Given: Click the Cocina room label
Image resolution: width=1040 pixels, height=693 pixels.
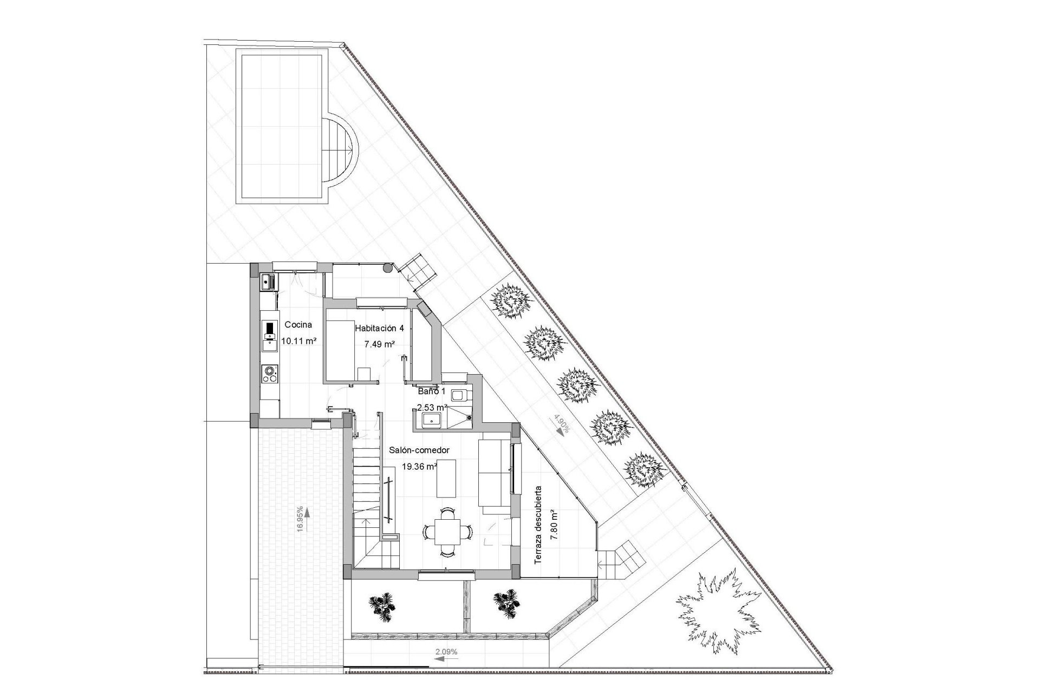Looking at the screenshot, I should [x=298, y=325].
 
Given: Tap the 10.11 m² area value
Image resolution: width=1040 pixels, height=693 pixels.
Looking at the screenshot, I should [x=298, y=341].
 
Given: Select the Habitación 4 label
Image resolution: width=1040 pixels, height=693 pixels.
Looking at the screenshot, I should [x=379, y=328].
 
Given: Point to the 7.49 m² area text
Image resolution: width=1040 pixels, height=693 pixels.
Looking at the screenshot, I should [x=379, y=344].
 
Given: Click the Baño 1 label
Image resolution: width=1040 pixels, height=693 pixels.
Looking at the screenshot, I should [x=432, y=390].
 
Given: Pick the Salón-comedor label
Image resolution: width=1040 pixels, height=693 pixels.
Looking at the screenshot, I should [x=419, y=450].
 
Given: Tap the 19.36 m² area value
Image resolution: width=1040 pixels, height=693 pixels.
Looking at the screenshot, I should [x=419, y=466].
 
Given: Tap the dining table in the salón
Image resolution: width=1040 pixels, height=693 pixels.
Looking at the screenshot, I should [x=447, y=532].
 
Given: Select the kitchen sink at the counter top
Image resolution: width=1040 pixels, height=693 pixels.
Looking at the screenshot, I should [x=268, y=281].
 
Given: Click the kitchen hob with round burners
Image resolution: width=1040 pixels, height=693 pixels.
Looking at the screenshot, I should [x=269, y=374].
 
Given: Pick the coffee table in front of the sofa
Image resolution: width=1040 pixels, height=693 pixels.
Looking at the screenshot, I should [x=447, y=478].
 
